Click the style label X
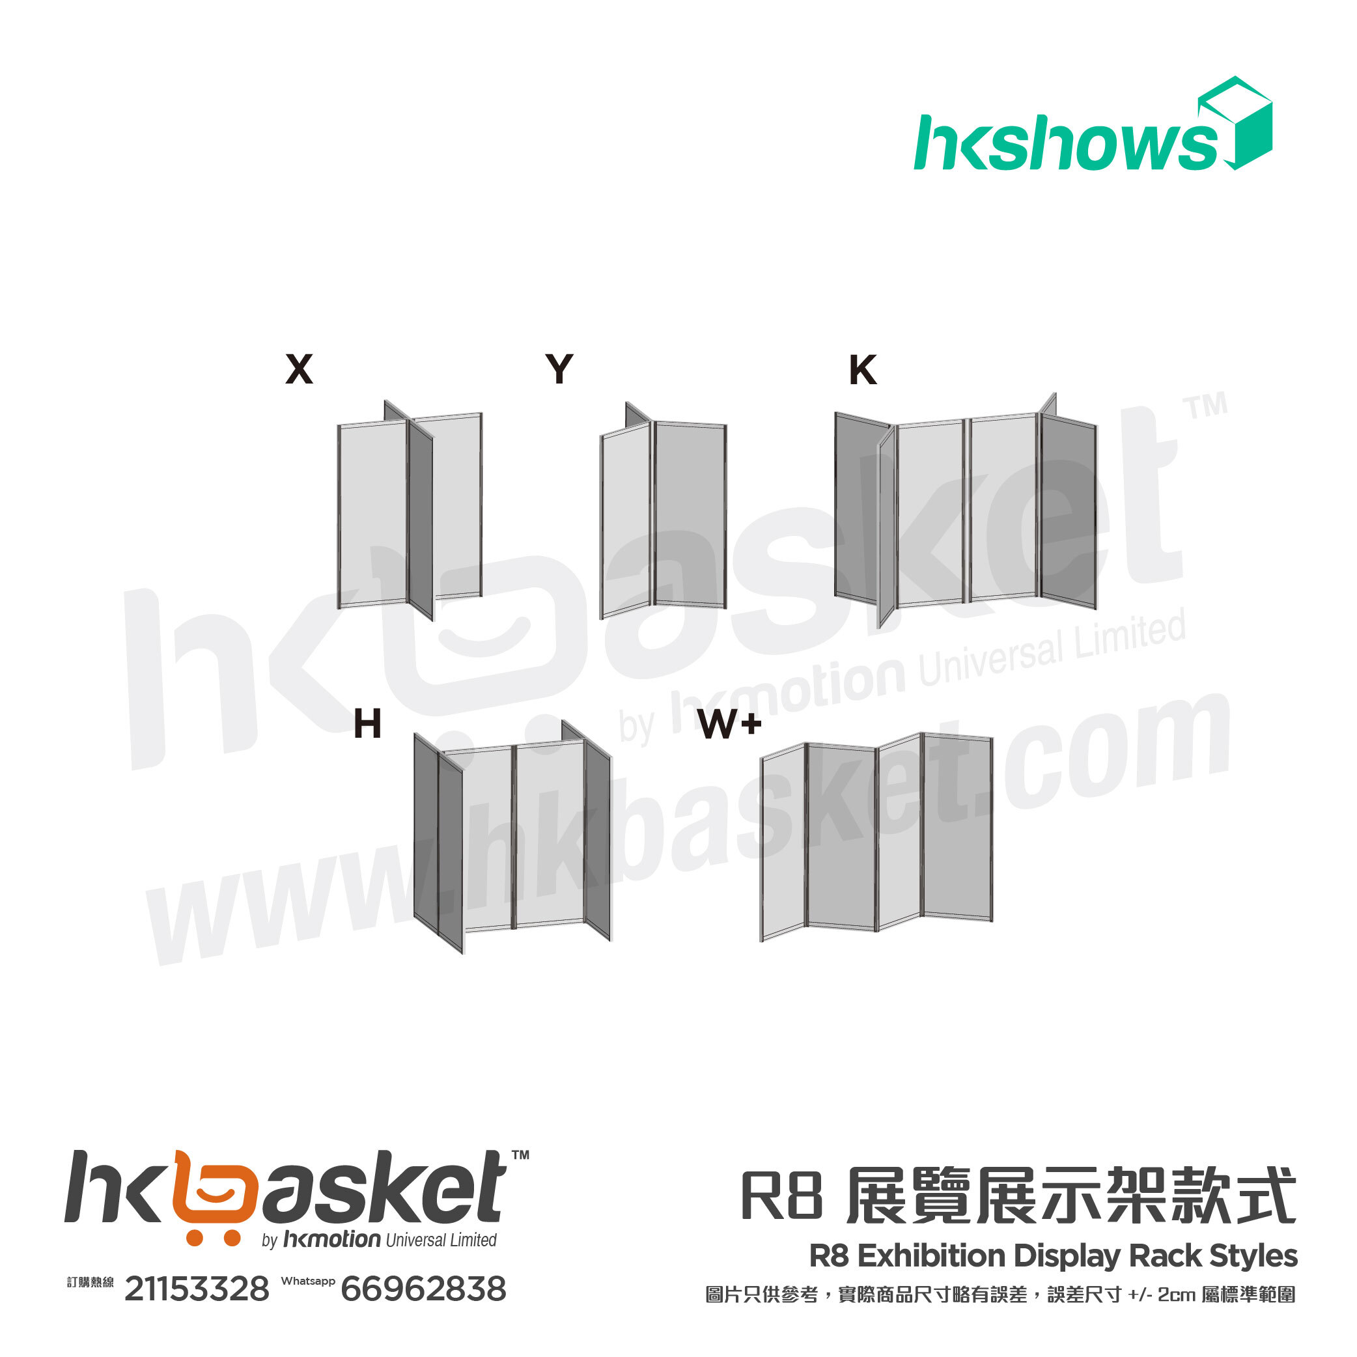coord(300,369)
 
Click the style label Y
coord(559,369)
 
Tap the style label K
coord(863,369)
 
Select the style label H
coord(367,723)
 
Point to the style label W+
coord(730,723)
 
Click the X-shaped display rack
coord(410,512)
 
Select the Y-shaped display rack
coord(663,512)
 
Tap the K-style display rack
coord(966,509)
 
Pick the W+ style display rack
coord(876,836)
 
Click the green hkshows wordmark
coord(1064,144)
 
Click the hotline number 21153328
coord(197,1289)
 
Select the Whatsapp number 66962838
coord(423,1289)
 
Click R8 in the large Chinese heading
coord(781,1196)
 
